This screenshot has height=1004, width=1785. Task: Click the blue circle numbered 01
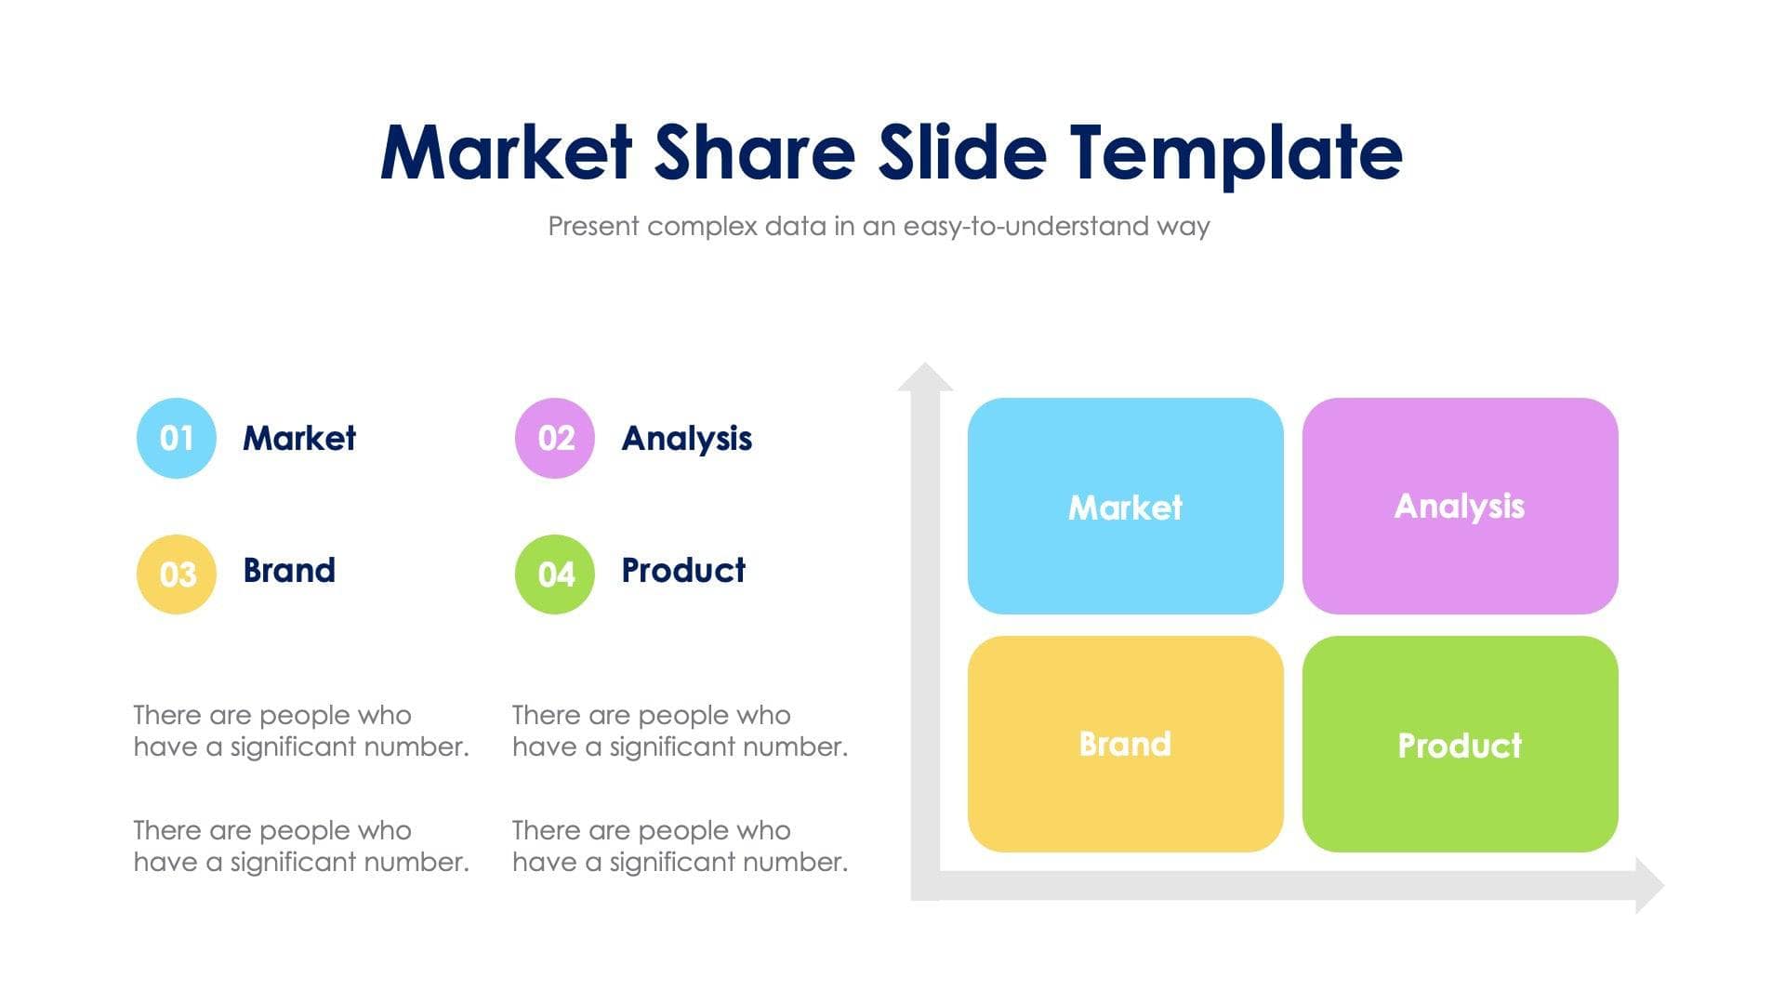(x=176, y=438)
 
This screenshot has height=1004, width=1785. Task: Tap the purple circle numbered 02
(x=555, y=438)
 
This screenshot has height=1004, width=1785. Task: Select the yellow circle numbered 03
(x=176, y=574)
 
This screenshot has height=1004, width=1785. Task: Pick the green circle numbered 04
(x=555, y=574)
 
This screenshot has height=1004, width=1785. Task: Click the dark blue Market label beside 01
(x=298, y=438)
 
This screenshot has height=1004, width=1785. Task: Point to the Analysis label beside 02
(x=686, y=438)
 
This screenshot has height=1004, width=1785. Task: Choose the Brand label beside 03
(x=288, y=570)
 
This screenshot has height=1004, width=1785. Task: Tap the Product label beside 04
(x=682, y=570)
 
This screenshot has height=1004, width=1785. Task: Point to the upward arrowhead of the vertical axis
(x=925, y=377)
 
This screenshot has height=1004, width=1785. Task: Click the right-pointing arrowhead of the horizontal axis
(x=1648, y=885)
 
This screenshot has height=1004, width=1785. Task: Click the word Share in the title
(x=754, y=153)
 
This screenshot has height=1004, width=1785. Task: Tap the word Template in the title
(x=1235, y=153)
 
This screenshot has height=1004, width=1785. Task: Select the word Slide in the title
(x=962, y=153)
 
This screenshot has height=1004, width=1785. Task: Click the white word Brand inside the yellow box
(x=1125, y=744)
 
